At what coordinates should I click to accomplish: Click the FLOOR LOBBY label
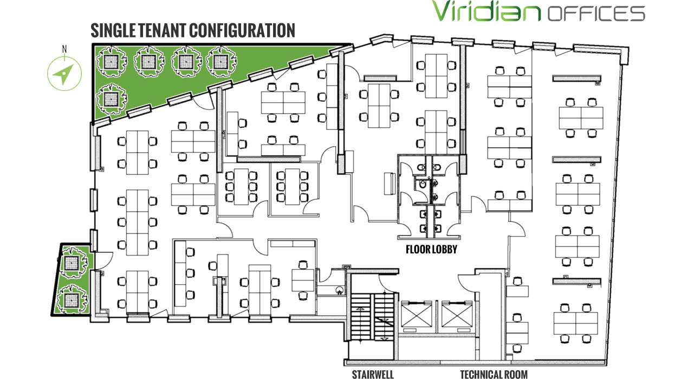point(431,250)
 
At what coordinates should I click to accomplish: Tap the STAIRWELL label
point(373,374)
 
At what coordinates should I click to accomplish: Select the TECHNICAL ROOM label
point(494,374)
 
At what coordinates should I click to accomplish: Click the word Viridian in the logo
point(487,11)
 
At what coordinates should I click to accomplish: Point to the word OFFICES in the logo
point(596,14)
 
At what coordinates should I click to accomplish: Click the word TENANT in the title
point(161,30)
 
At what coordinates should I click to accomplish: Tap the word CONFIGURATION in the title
point(242,30)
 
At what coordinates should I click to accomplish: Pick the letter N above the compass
point(64,49)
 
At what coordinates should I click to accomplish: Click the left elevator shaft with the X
point(417,315)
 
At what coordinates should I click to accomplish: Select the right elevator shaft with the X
point(457,315)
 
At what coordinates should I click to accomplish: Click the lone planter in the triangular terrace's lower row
point(111,99)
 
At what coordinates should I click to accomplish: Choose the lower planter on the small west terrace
point(72,299)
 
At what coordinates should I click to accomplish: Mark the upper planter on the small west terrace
point(72,262)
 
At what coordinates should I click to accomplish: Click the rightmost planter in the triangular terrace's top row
point(221,62)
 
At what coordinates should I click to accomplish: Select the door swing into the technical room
point(466,283)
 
